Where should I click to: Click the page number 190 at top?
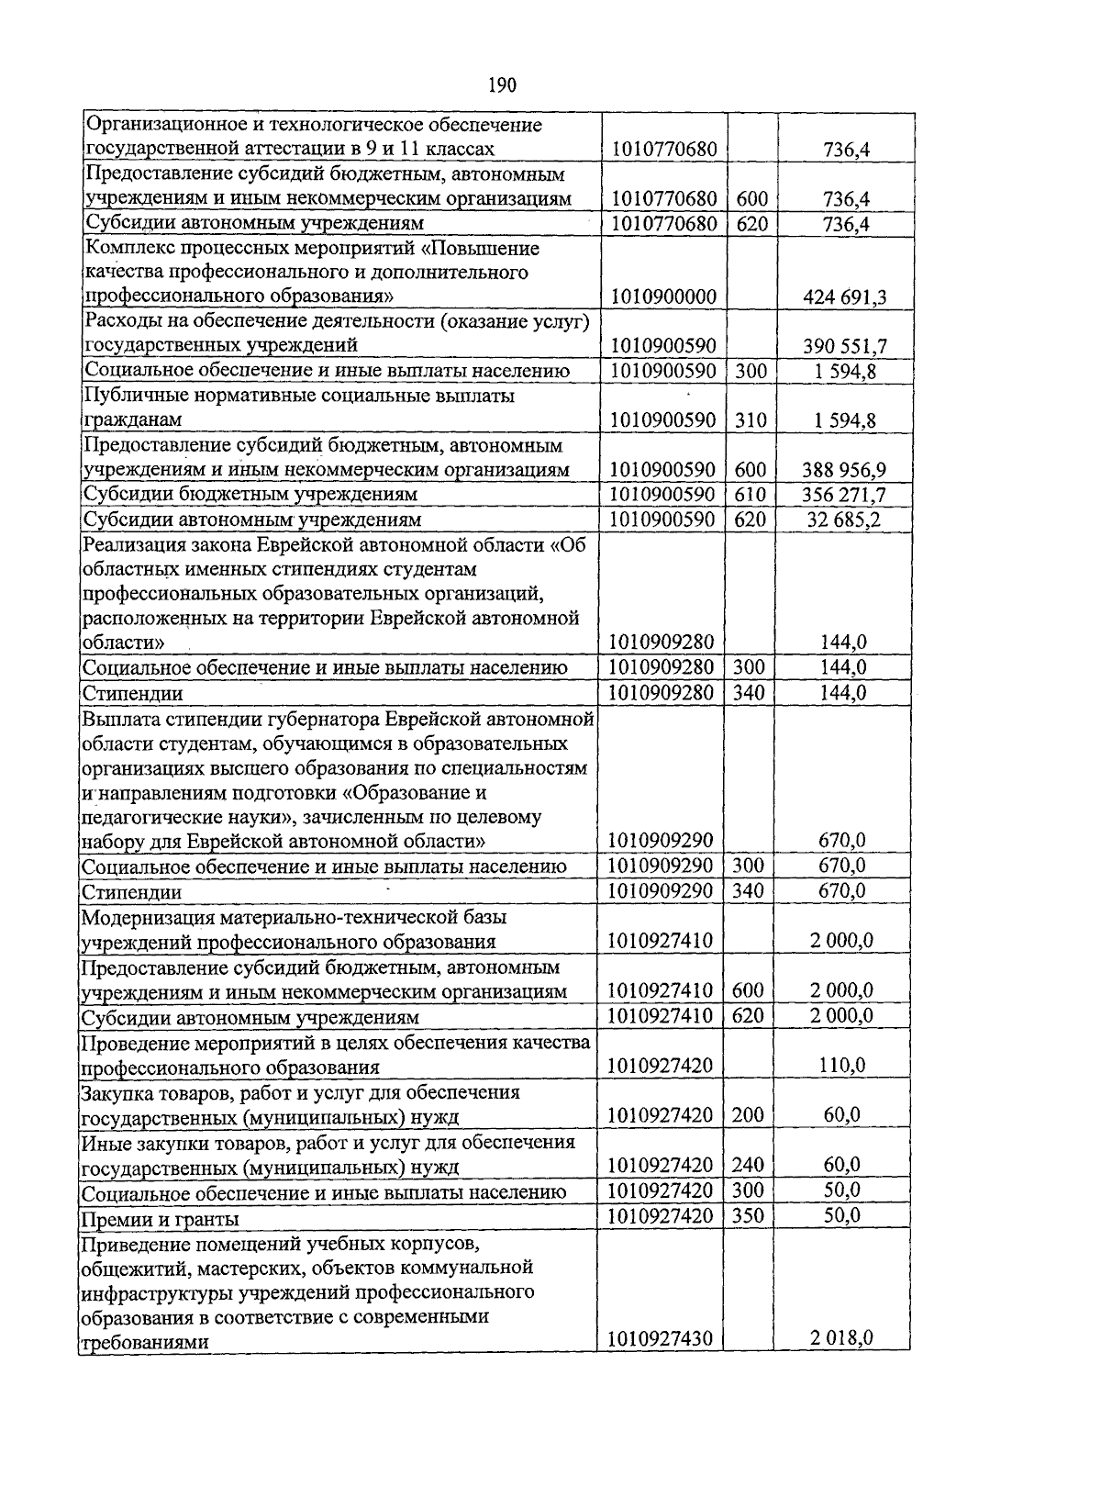coord(502,85)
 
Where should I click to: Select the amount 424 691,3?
coord(844,297)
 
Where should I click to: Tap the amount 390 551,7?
coord(844,346)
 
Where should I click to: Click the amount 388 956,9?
coord(844,470)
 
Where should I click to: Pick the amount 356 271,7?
coord(844,495)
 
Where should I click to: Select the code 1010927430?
coord(661,1339)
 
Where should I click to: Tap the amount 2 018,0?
coord(841,1339)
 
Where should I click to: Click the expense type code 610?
coord(751,495)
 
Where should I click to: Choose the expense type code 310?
coord(751,420)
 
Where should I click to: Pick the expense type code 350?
coord(749,1216)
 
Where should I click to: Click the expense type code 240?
coord(749,1166)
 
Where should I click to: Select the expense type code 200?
coord(749,1116)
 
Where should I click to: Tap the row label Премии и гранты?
coord(161,1220)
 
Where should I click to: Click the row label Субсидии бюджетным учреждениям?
coord(250,495)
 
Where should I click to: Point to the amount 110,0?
coord(841,1067)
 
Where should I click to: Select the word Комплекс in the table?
coord(124,249)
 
